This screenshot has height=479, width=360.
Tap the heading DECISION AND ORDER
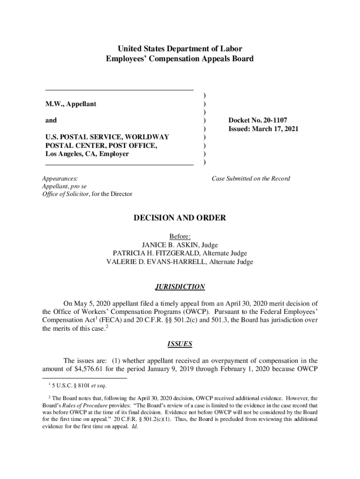point(180,218)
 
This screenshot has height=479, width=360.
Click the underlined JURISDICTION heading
point(180,287)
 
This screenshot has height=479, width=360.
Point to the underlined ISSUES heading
point(180,344)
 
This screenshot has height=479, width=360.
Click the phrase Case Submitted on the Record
point(251,178)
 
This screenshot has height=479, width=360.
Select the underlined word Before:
point(180,237)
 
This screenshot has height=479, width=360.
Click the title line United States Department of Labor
point(180,49)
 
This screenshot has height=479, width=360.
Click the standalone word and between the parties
point(51,120)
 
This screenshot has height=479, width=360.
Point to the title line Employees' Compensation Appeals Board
point(180,59)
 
